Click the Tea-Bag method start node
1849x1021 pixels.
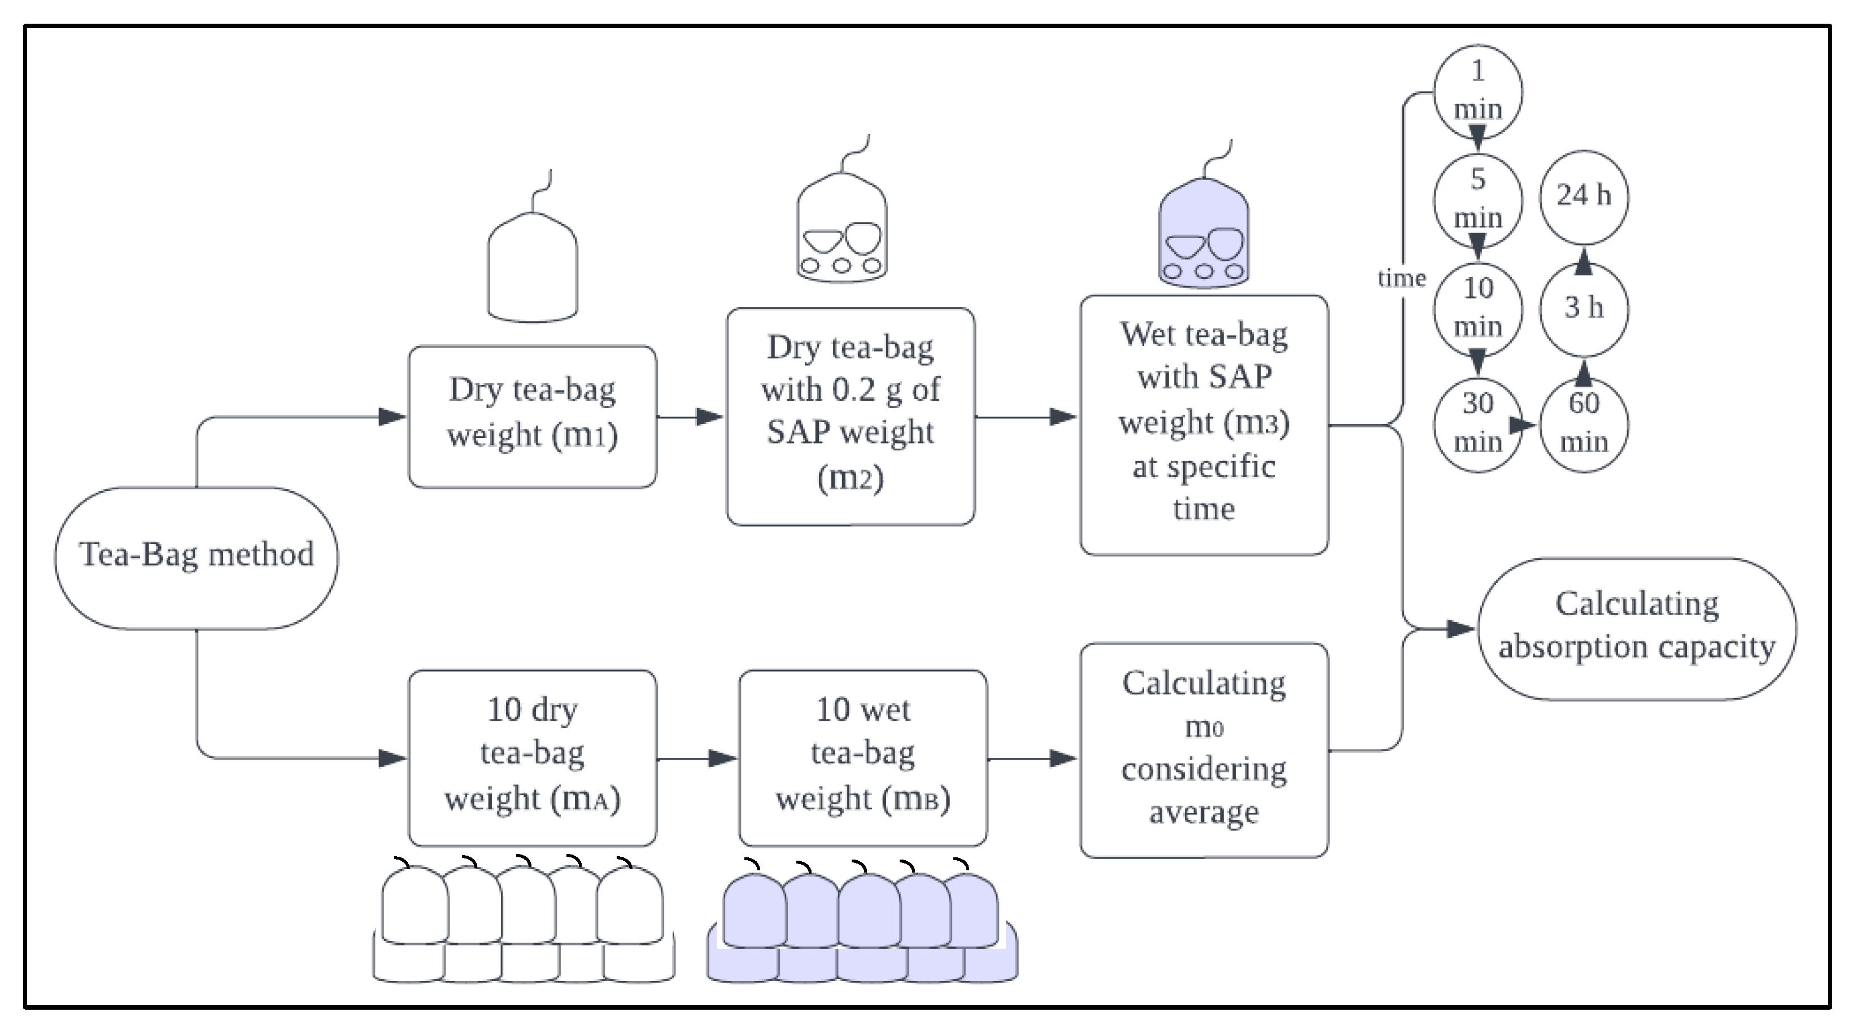(x=196, y=558)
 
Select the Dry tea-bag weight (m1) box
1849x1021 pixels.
(x=533, y=417)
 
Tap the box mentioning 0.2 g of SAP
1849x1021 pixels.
(x=851, y=417)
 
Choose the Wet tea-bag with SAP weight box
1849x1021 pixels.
(x=1205, y=425)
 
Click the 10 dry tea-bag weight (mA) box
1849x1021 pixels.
(x=533, y=757)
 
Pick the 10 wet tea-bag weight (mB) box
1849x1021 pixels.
(x=864, y=757)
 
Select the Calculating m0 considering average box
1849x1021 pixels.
(x=1205, y=750)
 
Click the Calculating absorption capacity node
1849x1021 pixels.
(x=1637, y=629)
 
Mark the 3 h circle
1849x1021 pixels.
(x=1584, y=309)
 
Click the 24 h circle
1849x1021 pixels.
(x=1584, y=196)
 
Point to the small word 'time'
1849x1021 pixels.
(x=1402, y=278)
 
